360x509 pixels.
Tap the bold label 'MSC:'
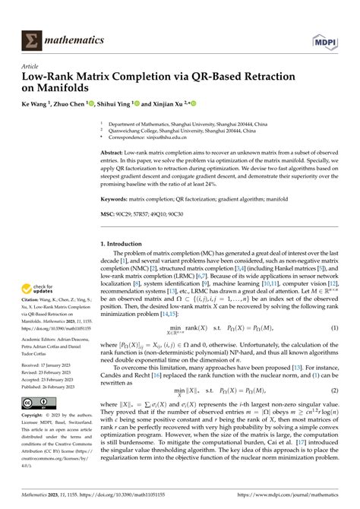point(109,214)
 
